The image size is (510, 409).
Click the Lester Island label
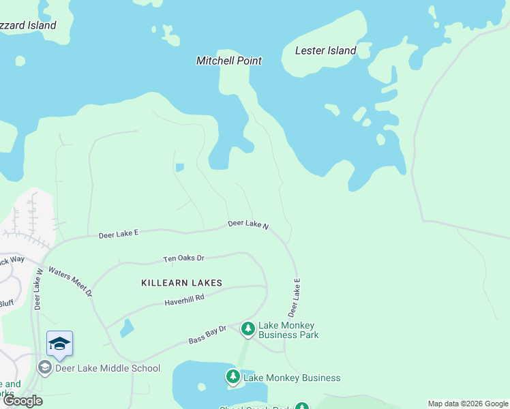[x=325, y=50]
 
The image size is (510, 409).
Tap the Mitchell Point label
[x=229, y=61]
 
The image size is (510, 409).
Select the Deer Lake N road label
[x=248, y=224]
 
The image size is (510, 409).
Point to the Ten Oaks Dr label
[x=183, y=258]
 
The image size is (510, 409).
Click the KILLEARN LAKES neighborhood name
[x=181, y=282]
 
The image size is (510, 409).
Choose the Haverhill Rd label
[x=184, y=300]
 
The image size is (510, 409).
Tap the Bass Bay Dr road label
[x=207, y=335]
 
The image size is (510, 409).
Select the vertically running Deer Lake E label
[x=295, y=297]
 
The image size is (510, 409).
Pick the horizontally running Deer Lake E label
[x=119, y=233]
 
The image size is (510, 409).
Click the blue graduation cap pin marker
[x=59, y=344]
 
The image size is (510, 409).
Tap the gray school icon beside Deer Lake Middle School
[x=44, y=368]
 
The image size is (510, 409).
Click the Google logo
[x=22, y=401]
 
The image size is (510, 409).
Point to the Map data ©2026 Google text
[x=468, y=404]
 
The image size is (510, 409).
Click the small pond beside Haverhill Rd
[x=127, y=329]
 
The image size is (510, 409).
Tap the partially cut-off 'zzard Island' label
[x=28, y=25]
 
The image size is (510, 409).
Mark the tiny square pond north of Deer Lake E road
[x=179, y=167]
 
